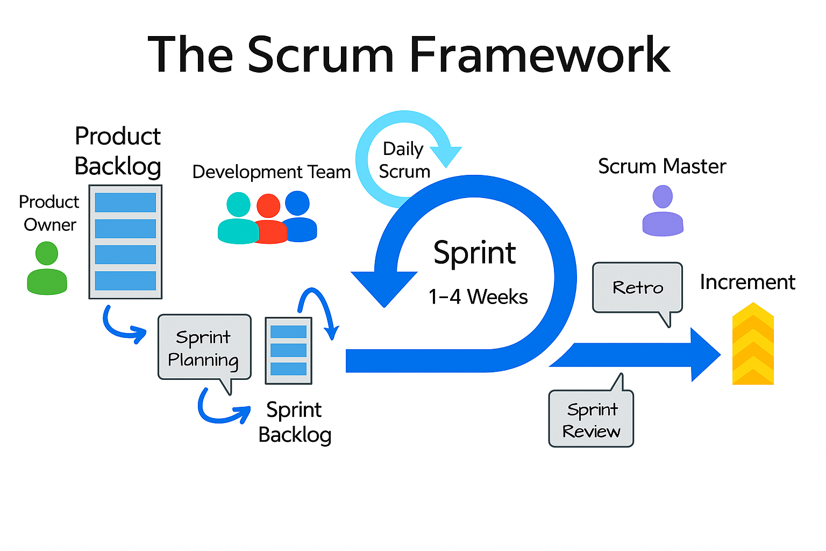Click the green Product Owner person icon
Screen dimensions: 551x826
click(x=47, y=269)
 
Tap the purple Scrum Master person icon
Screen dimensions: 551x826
click(x=663, y=211)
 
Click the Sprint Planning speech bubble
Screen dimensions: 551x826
click(x=204, y=348)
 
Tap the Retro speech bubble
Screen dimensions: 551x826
click(x=637, y=287)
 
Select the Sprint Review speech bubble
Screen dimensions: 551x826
click(x=591, y=420)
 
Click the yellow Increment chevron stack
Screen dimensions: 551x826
click(x=753, y=344)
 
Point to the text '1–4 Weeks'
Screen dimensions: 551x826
click(x=478, y=297)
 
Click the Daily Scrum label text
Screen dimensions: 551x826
click(x=404, y=160)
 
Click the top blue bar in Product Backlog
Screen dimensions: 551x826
click(x=125, y=203)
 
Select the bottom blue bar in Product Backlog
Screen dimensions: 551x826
click(x=125, y=280)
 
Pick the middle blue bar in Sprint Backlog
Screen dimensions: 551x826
click(x=288, y=350)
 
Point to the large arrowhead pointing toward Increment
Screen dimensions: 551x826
click(x=704, y=355)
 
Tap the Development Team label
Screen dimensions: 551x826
click(x=272, y=172)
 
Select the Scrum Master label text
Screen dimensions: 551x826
click(x=662, y=167)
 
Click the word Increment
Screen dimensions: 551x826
click(x=747, y=282)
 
